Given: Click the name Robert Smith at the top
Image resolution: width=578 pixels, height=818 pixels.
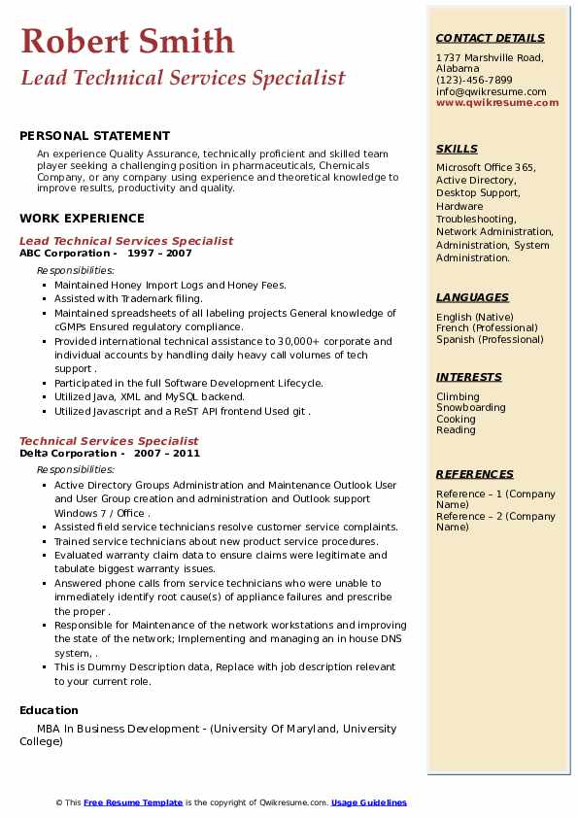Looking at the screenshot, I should pos(127,41).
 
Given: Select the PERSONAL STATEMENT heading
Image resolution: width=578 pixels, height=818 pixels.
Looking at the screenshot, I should pos(94,136).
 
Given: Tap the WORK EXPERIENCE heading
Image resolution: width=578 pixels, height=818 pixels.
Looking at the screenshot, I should pos(82,219).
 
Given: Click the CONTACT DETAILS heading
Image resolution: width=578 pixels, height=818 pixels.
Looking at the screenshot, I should pos(490,38).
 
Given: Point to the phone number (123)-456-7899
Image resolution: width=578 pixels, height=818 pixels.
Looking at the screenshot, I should pos(474,81).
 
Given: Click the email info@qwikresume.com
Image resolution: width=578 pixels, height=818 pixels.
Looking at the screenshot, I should pos(491,92).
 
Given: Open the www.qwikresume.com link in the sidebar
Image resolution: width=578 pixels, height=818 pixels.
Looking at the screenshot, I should pos(497,103).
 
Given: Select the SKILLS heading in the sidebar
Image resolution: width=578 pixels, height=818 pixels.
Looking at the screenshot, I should pos(457,149).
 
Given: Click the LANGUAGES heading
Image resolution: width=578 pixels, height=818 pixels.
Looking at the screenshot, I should pos(472,297).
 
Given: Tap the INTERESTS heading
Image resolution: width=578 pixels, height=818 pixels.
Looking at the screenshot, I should pos(469,377).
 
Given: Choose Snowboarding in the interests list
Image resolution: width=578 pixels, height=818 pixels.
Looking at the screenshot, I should pos(470,408).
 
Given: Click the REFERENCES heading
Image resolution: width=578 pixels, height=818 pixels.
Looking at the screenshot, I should pos(475,474).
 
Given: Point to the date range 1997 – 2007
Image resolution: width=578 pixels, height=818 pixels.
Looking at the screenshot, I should pos(159,254).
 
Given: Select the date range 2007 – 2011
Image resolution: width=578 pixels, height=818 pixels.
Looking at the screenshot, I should pos(166,454).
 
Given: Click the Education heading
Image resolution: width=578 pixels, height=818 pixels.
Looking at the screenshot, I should pos(49,710).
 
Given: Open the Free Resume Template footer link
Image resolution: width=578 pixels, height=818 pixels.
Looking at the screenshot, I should pos(133,802).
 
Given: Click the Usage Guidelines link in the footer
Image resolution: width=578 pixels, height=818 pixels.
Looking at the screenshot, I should pos(368,802).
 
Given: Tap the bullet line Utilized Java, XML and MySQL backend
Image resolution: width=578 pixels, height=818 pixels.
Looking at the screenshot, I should pos(150,397).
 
